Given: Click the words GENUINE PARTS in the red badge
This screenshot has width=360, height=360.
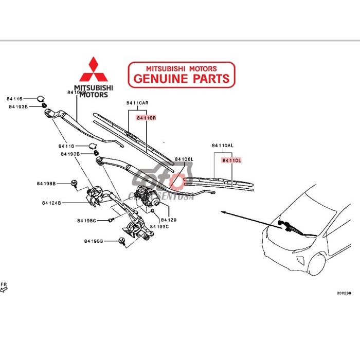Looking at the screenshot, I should [x=182, y=79].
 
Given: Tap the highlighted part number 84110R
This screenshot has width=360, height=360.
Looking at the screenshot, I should [x=146, y=118].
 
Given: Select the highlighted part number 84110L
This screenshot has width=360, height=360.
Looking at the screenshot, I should [x=231, y=160].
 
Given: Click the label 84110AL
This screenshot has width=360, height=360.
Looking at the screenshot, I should [x=222, y=146].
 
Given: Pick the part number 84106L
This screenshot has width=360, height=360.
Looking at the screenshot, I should [x=184, y=159].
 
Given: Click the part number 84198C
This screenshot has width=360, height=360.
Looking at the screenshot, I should [x=87, y=221].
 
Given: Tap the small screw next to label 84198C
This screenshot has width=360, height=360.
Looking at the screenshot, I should [x=110, y=220].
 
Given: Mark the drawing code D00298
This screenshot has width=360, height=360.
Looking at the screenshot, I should [x=344, y=293].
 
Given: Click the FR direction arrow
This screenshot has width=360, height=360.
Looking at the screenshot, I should [x=4, y=289].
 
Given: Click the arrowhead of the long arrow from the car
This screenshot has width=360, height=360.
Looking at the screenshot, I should [x=222, y=211].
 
